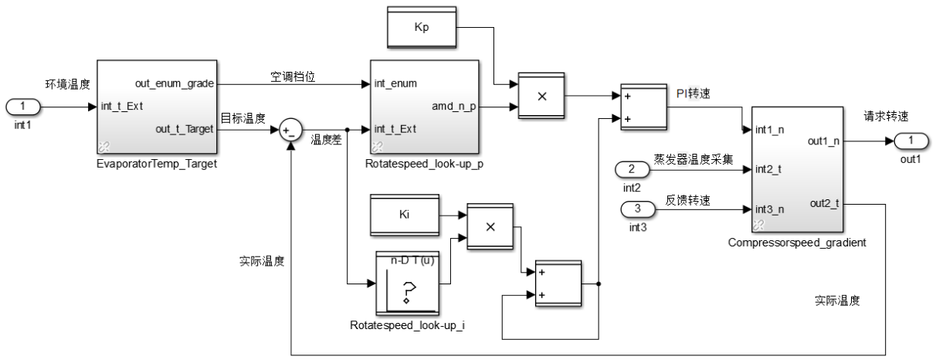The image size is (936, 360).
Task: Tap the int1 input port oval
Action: pyautogui.click(x=24, y=107)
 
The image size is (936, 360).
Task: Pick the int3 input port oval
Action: pyautogui.click(x=638, y=209)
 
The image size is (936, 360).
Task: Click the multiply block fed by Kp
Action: pyautogui.click(x=541, y=97)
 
